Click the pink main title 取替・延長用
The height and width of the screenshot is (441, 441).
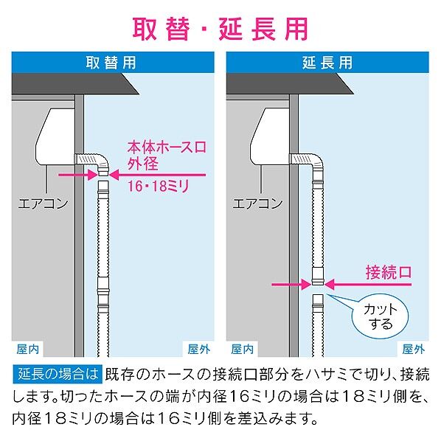[220, 29]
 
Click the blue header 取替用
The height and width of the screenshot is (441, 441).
[111, 63]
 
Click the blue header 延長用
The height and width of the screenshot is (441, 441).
[327, 63]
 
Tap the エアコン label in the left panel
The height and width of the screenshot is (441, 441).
[43, 204]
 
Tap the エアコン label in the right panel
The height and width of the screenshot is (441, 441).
[257, 204]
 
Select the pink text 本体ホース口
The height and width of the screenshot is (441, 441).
[167, 147]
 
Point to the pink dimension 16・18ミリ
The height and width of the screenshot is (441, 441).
[159, 186]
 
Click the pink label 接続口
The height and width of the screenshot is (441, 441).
[389, 272]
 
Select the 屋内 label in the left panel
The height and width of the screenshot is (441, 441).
[27, 350]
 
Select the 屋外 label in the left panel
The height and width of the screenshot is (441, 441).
[199, 350]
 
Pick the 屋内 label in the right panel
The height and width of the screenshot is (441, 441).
[242, 350]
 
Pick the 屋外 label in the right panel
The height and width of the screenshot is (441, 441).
[414, 350]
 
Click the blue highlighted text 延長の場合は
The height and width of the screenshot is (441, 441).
[58, 374]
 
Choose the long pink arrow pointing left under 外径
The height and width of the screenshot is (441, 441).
[158, 175]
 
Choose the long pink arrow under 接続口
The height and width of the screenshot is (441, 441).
[368, 285]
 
